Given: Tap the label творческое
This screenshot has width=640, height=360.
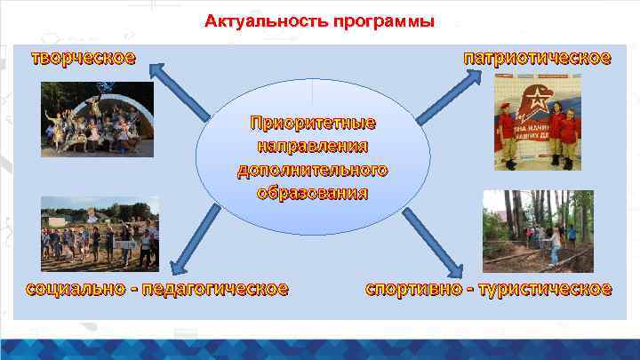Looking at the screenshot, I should pyautogui.click(x=84, y=59).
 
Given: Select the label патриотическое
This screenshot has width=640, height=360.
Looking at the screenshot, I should pyautogui.click(x=537, y=59).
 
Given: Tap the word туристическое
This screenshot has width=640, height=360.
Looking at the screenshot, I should pyautogui.click(x=545, y=289).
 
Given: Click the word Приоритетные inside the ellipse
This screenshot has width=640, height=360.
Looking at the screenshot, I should pyautogui.click(x=312, y=122).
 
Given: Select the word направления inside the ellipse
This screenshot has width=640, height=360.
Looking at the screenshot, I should pyautogui.click(x=312, y=145).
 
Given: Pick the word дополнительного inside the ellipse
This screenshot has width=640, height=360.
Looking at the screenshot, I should pyautogui.click(x=312, y=169).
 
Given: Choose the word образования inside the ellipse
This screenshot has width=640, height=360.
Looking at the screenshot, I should pyautogui.click(x=312, y=192).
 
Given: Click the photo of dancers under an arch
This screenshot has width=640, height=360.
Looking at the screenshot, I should pyautogui.click(x=97, y=120).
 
